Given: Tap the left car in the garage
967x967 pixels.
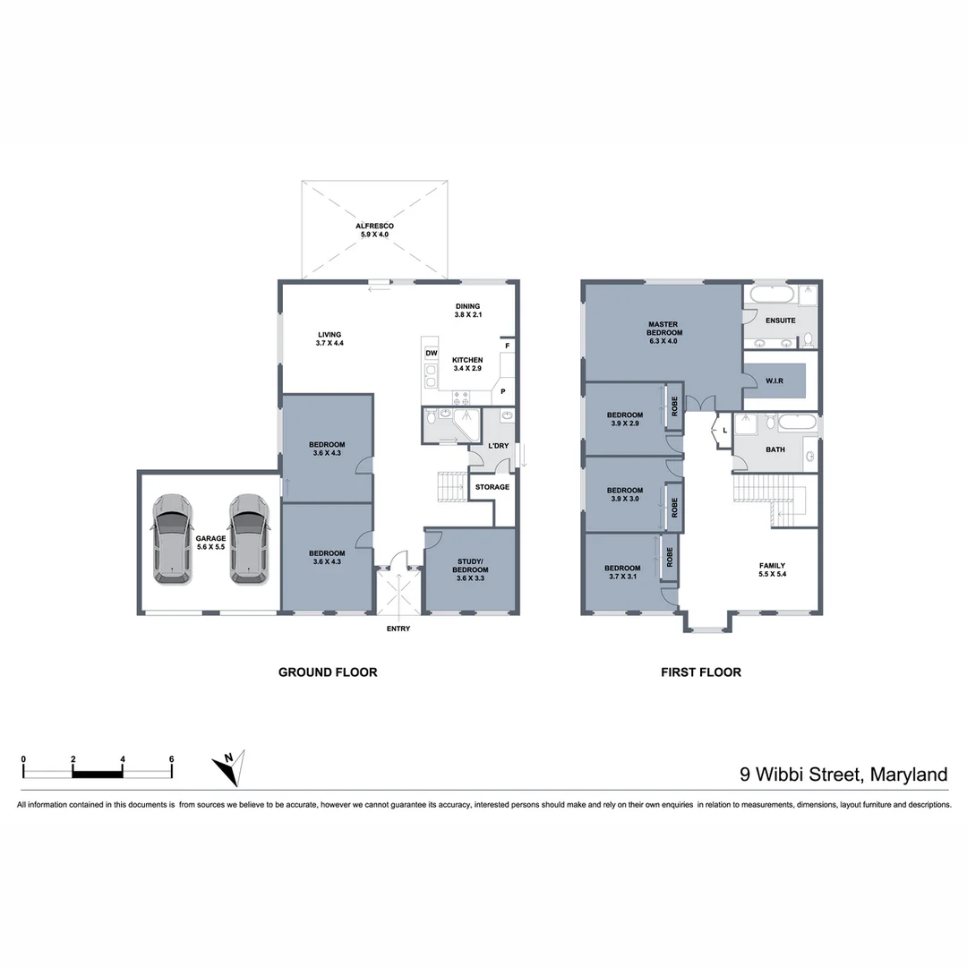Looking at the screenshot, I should (172, 539).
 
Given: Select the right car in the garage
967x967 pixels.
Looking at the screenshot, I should (249, 539).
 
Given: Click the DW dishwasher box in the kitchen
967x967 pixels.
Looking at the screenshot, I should (431, 354).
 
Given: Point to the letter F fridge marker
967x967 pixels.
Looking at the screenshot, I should (507, 346).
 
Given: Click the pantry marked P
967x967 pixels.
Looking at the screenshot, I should (503, 391).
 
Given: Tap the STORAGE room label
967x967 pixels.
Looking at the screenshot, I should (492, 487).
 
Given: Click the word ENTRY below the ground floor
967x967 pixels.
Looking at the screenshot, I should (398, 629).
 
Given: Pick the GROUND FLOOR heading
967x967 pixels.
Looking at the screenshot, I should (328, 672).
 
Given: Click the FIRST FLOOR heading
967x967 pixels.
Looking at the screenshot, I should (701, 672).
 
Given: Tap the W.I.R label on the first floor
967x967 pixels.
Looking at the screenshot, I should (774, 381).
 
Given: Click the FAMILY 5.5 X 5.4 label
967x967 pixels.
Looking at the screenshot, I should (772, 569).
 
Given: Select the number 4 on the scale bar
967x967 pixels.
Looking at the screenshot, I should (123, 759).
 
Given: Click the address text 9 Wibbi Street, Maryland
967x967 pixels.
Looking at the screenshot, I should (843, 774).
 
